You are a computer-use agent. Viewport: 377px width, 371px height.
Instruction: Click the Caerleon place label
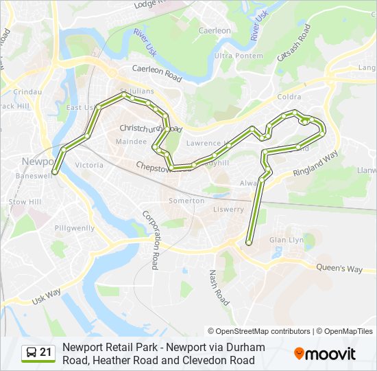click(215, 31)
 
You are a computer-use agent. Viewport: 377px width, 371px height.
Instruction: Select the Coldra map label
click(289, 97)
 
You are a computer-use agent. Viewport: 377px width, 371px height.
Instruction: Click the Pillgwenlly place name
click(75, 227)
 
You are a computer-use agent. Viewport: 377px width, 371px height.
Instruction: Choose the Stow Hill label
click(25, 202)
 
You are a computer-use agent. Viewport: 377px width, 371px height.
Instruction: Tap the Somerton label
click(186, 201)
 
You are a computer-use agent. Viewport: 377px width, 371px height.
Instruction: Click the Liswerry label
click(228, 209)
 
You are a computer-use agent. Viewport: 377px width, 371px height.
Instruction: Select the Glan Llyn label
click(287, 240)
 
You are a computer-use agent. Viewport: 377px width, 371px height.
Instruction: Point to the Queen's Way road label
click(339, 269)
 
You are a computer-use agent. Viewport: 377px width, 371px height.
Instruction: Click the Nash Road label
click(218, 287)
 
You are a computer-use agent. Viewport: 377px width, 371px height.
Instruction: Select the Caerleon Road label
click(156, 74)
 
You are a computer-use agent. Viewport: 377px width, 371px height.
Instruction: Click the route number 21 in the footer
click(46, 352)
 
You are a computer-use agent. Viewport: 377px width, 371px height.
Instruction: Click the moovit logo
click(325, 354)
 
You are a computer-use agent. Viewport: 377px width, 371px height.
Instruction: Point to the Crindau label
click(28, 91)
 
